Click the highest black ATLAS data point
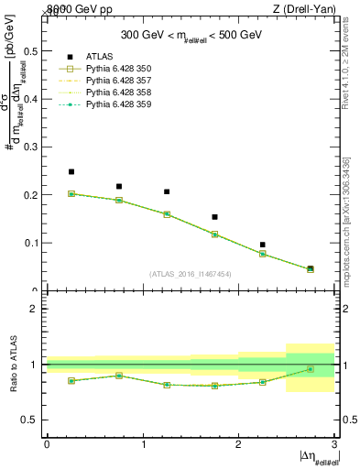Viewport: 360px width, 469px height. pos(71,171)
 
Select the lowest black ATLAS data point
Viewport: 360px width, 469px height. pos(310,268)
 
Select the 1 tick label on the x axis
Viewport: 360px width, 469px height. pos(143,444)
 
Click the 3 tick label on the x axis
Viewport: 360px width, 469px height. pos(334,444)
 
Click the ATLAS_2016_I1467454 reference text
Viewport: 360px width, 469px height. pos(191,273)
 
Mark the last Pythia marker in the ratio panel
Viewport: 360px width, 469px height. pos(310,369)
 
